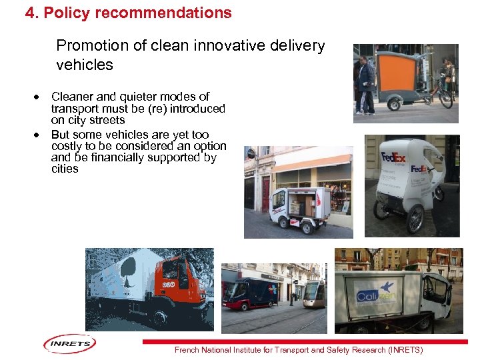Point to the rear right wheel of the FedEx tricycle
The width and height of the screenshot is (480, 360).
[416, 218]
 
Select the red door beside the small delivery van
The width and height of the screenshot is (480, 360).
[266, 193]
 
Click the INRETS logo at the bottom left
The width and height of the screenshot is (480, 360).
[70, 344]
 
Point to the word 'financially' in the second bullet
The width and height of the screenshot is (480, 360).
[109, 158]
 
